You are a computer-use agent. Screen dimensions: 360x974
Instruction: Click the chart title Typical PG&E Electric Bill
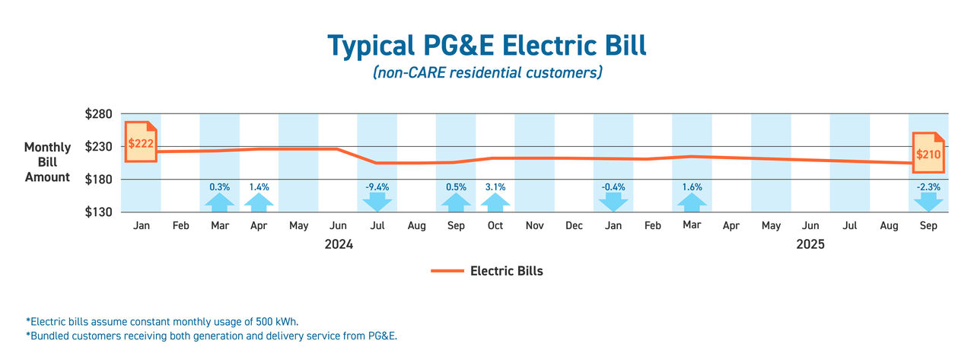coord(487,46)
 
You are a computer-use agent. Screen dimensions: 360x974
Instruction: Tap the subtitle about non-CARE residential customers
coord(487,73)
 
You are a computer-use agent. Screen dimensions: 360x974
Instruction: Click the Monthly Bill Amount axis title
coord(47,162)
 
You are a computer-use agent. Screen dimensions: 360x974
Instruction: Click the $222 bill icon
coord(141,142)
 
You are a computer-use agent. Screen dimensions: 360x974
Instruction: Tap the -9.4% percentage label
coord(377,186)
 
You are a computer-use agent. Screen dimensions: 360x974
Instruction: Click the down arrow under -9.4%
coord(377,202)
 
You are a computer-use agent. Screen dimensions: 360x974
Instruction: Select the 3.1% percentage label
coord(495,186)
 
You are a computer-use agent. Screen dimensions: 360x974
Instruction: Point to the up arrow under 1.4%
coord(259,202)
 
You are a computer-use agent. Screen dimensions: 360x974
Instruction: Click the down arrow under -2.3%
coord(928,202)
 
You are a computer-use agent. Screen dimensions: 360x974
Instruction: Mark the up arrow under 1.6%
coord(692,202)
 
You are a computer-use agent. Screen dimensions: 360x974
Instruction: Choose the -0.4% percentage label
coord(613,186)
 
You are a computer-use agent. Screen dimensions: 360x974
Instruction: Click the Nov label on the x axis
coord(534,226)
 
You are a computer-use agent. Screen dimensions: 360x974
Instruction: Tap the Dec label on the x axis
coord(574,226)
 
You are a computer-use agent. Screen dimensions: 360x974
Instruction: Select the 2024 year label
coord(339,245)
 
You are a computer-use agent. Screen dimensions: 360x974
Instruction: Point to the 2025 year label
coord(810,245)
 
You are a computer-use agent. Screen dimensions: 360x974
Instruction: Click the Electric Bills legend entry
coord(487,270)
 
